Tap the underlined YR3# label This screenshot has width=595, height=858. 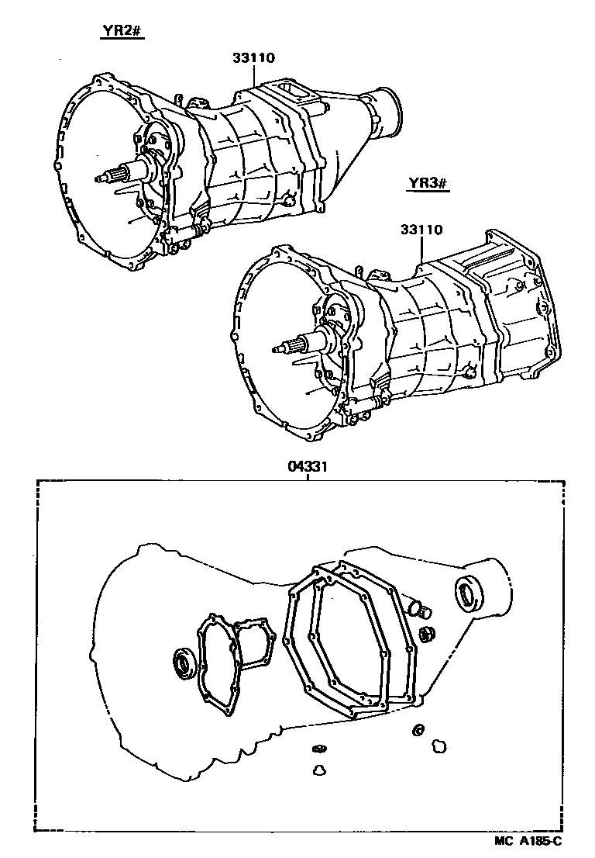pos(425,184)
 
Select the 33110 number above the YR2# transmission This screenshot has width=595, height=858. pos(253,57)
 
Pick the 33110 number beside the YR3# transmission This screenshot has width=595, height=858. pos(421,230)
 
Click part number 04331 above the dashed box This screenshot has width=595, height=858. pos(308,469)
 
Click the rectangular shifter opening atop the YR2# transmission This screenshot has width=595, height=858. pos(295,93)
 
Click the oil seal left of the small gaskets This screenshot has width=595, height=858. pos(184,663)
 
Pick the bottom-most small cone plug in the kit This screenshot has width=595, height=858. pos(317,770)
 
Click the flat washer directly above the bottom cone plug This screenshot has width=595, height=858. pos(317,748)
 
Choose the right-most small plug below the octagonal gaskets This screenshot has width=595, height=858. pos(439,746)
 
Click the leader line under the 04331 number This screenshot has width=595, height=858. pos(308,478)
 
